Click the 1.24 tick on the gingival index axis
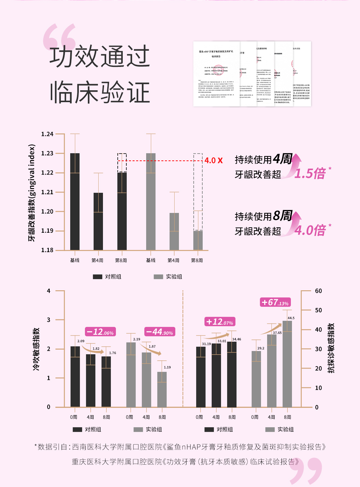[47, 134]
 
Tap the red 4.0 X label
[213, 160]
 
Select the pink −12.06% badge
[100, 332]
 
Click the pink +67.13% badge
[275, 302]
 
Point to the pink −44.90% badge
[160, 332]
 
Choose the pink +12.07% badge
[220, 322]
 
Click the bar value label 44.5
[291, 318]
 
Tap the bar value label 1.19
[167, 367]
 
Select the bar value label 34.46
[237, 339]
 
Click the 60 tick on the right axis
[318, 291]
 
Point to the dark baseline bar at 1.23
[75, 201]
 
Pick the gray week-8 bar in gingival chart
[198, 240]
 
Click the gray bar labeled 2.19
[131, 374]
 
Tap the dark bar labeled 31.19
[201, 376]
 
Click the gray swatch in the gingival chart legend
[158, 277]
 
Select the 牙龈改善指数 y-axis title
[32, 193]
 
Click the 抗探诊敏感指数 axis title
[331, 348]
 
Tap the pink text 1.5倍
[310, 173]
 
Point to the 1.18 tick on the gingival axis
[47, 250]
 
